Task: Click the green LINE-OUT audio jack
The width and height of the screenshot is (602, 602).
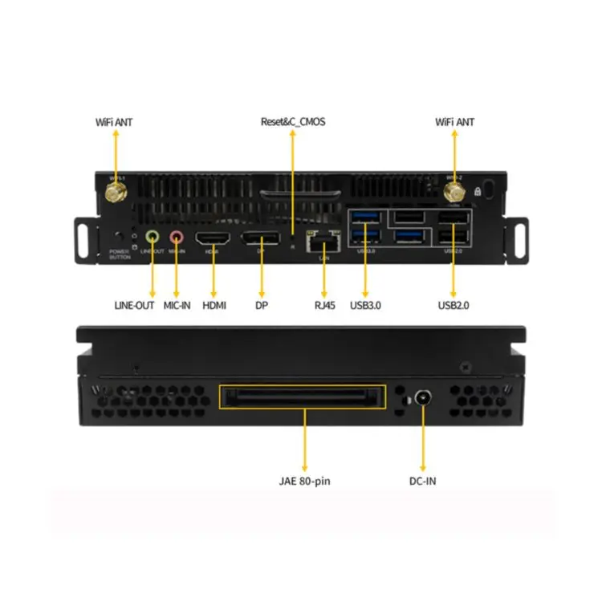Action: coord(153,237)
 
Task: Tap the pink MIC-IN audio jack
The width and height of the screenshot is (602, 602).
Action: coord(177,237)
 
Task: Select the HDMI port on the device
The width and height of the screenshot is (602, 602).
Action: coord(214,238)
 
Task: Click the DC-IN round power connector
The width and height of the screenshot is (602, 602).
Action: coord(422,399)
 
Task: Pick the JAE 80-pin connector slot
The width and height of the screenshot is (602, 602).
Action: coord(303,397)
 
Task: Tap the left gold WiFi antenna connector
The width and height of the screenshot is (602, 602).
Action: coord(115,193)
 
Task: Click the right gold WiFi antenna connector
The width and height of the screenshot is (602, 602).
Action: coord(454,192)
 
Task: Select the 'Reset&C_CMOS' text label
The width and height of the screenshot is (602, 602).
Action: coord(293,122)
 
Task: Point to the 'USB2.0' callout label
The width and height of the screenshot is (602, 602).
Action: coord(454,305)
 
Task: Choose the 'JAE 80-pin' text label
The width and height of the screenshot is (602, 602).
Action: coord(303,481)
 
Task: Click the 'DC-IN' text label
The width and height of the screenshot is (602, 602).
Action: coord(422,481)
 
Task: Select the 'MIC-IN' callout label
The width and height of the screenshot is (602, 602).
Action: coord(177,305)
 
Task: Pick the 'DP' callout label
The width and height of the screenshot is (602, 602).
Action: coord(262,305)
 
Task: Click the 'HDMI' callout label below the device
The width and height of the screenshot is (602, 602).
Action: coord(214,305)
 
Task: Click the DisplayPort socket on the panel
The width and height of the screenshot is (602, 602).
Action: coord(262,238)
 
